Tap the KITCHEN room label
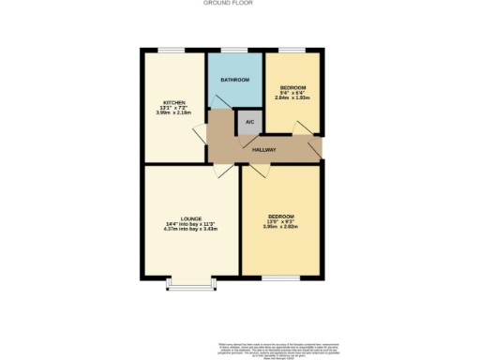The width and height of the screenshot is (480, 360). click(174, 102)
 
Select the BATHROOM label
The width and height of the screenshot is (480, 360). click(234, 81)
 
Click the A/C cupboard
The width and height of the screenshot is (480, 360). click(248, 122)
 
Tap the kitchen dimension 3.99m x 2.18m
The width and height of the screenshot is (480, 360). click(174, 112)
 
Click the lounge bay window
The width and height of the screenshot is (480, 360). click(190, 283)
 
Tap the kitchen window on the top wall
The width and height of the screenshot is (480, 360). click(172, 49)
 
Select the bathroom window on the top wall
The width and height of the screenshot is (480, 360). click(234, 49)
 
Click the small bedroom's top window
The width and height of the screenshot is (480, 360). click(292, 49)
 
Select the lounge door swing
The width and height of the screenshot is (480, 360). click(220, 170)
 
